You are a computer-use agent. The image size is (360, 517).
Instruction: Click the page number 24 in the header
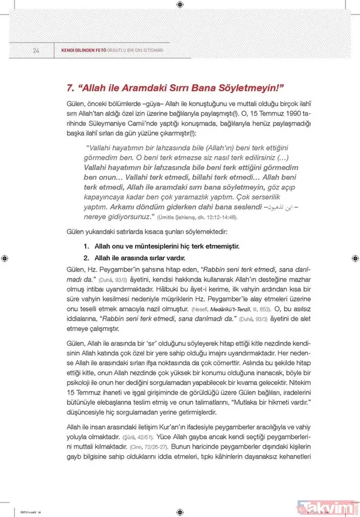[x=35, y=50]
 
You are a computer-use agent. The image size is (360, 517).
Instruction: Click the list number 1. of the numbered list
[x=86, y=246]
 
